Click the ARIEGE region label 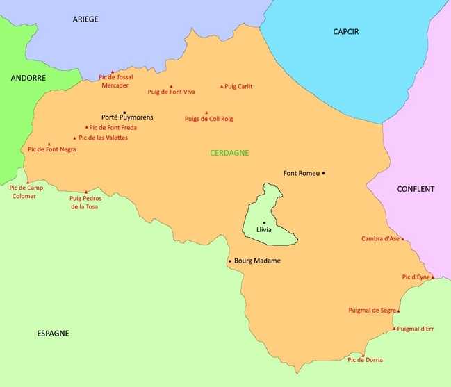click(x=85, y=19)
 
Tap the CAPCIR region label click(x=345, y=32)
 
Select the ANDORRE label click(x=28, y=79)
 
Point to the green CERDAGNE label click(x=229, y=153)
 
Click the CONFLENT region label click(x=416, y=189)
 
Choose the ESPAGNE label click(x=53, y=334)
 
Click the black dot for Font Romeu click(x=323, y=173)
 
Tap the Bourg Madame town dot click(x=230, y=261)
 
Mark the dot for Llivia click(x=264, y=222)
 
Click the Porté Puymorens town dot click(x=124, y=113)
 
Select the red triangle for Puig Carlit click(x=222, y=87)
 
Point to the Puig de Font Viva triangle click(x=171, y=86)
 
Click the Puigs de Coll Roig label click(x=208, y=119)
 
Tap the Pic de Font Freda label click(x=113, y=128)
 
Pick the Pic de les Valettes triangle click(x=74, y=138)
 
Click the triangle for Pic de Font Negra click(x=49, y=145)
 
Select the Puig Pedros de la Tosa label click(x=85, y=202)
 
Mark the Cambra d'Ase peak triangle click(x=402, y=239)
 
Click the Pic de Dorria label click(x=365, y=360)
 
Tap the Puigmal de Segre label click(x=372, y=311)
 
